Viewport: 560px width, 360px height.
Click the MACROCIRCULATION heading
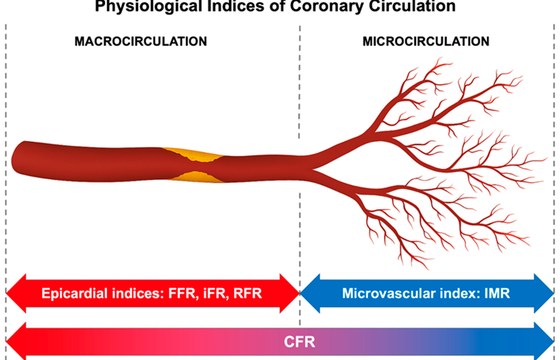pos(141,41)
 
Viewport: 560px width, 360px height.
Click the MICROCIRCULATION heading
pos(426,41)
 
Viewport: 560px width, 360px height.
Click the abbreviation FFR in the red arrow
pos(183,293)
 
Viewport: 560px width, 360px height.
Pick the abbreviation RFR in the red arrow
pos(248,293)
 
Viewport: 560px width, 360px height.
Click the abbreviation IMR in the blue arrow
pos(497,293)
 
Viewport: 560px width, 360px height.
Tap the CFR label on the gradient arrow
pos(299,342)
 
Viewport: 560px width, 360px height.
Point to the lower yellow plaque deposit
pos(197,176)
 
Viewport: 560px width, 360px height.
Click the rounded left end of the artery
pos(15,160)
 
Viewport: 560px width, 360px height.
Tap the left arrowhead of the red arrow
pos(16,293)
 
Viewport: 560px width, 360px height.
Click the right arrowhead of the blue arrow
pos(544,293)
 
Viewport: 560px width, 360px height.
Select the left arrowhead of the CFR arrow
pos(16,342)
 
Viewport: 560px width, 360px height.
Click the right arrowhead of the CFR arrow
pos(544,342)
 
